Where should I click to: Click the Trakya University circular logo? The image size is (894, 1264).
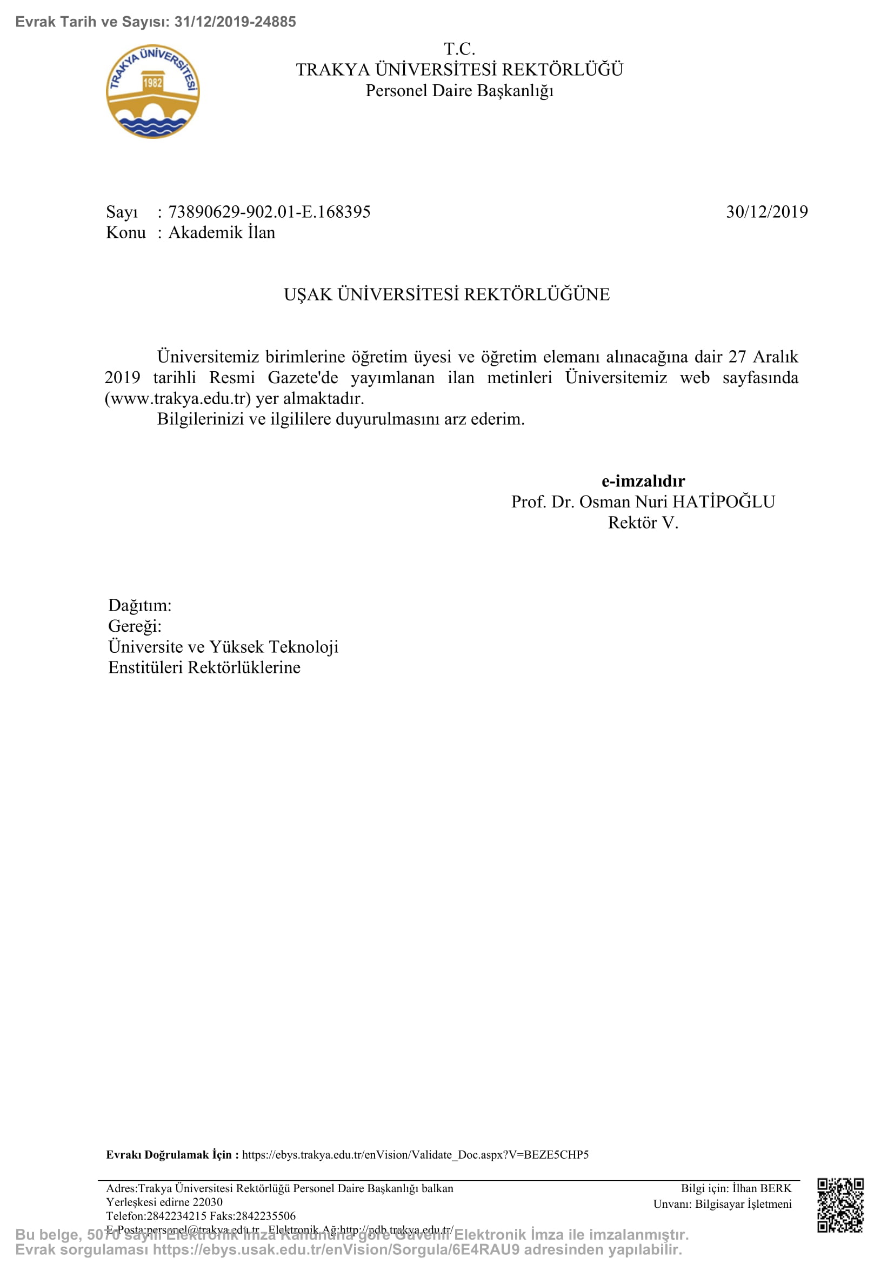152,91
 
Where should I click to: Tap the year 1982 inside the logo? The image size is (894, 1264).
152,83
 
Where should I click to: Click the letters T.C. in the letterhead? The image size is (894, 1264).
459,49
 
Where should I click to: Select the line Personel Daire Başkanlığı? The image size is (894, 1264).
459,91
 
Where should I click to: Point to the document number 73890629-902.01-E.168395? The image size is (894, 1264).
269,212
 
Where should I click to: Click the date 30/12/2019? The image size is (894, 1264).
766,212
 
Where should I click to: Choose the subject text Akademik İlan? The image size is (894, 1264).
221,233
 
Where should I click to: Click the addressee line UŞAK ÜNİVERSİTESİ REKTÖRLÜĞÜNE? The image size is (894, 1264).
446,295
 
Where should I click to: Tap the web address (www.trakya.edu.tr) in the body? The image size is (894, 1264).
178,398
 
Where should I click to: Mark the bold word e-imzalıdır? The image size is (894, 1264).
643,481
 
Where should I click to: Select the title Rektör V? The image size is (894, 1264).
643,523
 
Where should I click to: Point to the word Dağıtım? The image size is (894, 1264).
140,606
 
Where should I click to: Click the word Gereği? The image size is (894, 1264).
135,626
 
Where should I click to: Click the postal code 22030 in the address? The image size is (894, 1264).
208,1202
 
